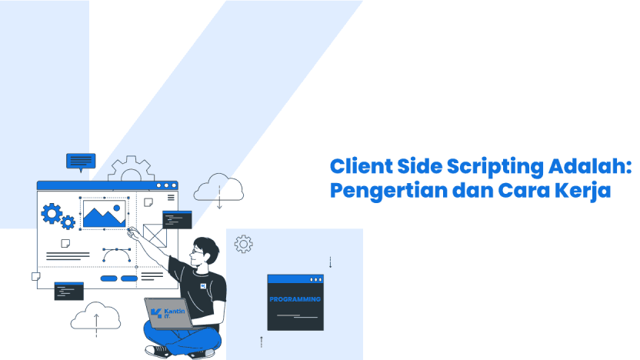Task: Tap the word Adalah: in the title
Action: pos(590,166)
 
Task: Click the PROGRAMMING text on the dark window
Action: pos(295,299)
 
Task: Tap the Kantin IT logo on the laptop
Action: pos(168,313)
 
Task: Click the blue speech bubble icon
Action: pos(81,162)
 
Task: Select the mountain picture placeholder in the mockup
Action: pos(105,214)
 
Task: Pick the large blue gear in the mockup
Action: pos(52,214)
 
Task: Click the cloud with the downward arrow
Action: pos(218,189)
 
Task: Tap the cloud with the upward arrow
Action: pos(95,318)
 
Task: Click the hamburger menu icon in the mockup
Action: pos(171,198)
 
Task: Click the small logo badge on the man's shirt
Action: pos(203,286)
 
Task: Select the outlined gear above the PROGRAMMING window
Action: pos(243,244)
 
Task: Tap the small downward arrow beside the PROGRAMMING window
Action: pos(330,262)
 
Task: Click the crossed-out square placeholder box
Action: pos(155,235)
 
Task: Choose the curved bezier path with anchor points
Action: pos(117,255)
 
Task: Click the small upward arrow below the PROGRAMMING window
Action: pos(262,342)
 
